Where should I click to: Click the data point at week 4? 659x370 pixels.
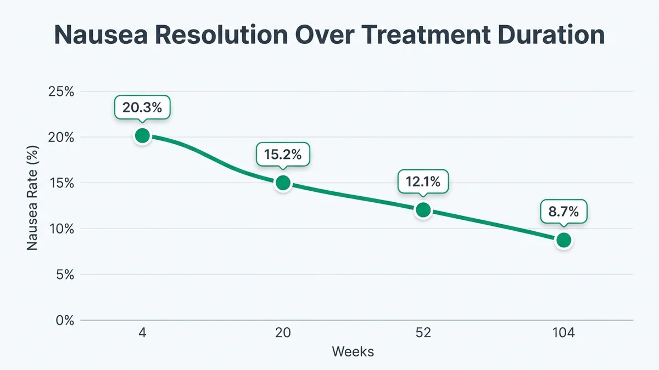[142, 135]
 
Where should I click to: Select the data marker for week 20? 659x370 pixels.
[283, 183]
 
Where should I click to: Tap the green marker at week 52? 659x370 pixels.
[423, 210]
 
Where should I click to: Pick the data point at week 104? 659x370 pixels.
[563, 240]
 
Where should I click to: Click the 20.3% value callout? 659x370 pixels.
[142, 107]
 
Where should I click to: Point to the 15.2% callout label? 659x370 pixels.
[283, 155]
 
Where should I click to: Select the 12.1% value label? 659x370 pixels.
[423, 181]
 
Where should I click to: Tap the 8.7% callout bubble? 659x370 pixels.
[563, 212]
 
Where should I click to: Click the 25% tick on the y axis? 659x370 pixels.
[62, 91]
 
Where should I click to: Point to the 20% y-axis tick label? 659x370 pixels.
[62, 137]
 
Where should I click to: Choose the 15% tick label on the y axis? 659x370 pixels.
[62, 183]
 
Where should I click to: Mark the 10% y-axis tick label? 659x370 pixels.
[62, 229]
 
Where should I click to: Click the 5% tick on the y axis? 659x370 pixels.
[64, 274]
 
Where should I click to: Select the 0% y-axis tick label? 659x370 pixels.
[64, 320]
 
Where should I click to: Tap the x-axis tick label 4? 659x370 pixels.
[142, 333]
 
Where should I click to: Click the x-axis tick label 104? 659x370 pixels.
[563, 333]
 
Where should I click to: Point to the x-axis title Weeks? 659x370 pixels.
[353, 351]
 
